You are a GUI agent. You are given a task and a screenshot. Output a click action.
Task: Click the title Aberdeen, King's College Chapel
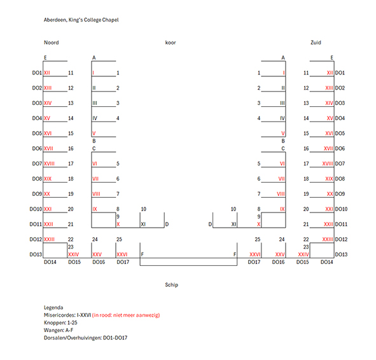81,20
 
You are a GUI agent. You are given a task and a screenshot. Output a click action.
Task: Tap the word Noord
52,43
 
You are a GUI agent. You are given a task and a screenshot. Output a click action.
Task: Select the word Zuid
316,43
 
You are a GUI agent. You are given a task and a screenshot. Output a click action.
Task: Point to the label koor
171,43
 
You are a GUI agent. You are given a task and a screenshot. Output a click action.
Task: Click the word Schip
171,285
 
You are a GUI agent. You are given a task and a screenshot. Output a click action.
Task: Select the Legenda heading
53,308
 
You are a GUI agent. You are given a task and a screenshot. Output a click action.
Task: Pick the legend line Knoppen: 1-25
60,322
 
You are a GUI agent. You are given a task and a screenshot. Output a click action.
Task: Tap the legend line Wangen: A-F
59,330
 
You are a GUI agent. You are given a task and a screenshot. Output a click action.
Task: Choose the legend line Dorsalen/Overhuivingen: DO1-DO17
86,338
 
